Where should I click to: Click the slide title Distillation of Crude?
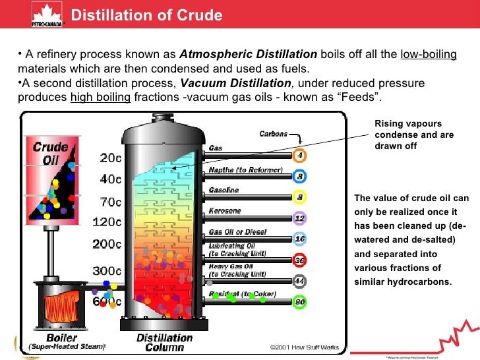146,15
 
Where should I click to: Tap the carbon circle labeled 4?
300,156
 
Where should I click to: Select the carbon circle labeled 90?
300,302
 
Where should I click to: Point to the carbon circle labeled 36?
300,260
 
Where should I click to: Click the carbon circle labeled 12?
300,218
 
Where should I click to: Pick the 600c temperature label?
107,302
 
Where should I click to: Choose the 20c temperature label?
111,158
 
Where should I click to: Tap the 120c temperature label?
107,222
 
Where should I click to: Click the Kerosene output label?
225,211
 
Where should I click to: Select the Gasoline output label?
224,190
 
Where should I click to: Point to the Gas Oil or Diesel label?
237,231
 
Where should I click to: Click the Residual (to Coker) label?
242,293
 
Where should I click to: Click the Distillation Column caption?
165,342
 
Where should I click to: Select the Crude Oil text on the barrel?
51,153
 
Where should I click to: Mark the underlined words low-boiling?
428,54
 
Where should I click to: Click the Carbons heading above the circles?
273,134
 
